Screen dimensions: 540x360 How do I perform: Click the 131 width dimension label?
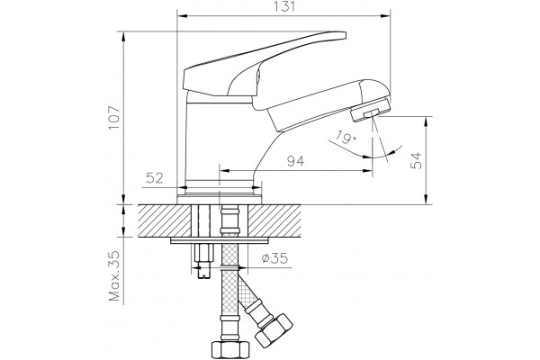(285, 7)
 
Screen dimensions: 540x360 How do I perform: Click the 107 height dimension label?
(114, 118)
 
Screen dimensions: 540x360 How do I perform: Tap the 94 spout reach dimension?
(296, 161)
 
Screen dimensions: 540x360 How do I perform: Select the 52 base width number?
(155, 178)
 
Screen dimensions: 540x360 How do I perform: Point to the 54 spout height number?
(416, 160)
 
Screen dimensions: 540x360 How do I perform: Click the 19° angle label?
(346, 138)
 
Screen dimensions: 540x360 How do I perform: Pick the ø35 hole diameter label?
(274, 258)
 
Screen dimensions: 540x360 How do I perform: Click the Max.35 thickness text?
(114, 275)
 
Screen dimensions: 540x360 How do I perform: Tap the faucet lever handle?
(264, 66)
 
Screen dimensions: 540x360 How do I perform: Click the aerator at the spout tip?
(370, 110)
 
